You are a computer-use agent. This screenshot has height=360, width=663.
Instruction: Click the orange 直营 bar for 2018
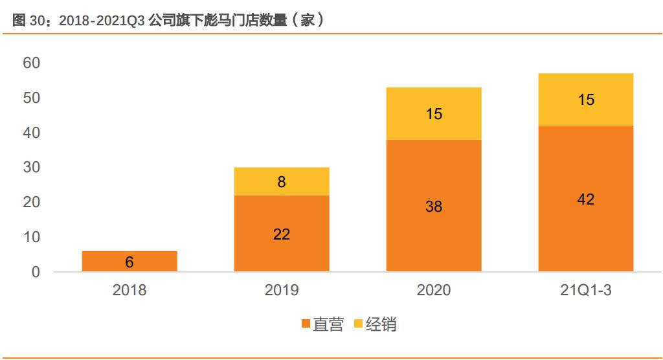point(129,261)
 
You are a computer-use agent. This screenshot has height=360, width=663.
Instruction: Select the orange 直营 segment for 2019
point(282,233)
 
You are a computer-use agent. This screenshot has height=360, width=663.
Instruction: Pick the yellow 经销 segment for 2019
point(282,181)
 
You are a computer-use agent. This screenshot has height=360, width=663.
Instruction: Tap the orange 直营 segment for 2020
point(434,205)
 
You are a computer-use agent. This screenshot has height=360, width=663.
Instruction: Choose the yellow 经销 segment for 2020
point(434,113)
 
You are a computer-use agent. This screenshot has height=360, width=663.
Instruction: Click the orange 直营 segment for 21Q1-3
point(585,198)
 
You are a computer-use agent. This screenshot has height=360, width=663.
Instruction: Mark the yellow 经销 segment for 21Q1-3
point(585,99)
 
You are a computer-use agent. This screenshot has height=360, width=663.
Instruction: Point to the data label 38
point(434,207)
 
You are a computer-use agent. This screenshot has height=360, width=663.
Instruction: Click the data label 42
point(585,199)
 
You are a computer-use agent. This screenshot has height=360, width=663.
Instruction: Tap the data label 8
point(282,182)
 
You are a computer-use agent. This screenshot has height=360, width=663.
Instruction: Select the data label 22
point(282,234)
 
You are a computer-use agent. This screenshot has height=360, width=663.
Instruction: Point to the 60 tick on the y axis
point(31,63)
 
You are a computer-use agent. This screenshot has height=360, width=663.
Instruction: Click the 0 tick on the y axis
point(36,272)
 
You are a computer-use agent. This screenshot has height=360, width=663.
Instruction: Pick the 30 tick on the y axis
point(31,167)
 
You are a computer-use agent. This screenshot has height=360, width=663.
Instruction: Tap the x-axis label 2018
point(129,290)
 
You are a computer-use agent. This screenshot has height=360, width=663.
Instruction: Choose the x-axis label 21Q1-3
point(585,290)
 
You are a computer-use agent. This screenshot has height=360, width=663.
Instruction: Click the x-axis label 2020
point(434,290)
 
